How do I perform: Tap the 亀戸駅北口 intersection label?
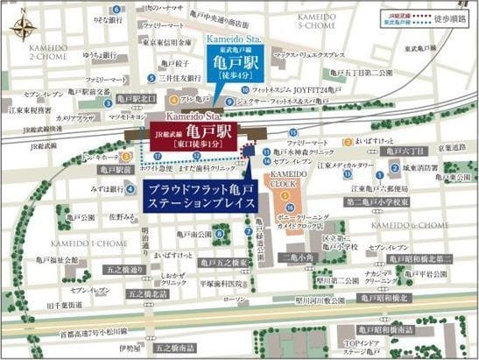click(139, 100)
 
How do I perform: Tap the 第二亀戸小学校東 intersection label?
click(379, 202)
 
